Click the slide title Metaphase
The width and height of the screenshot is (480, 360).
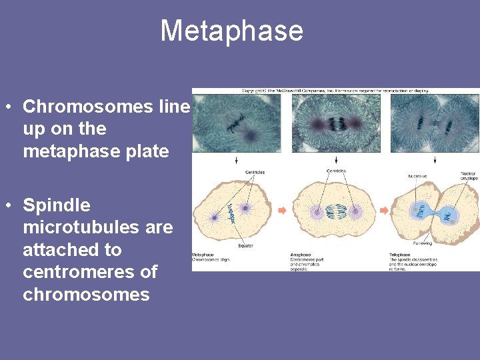(x=231, y=31)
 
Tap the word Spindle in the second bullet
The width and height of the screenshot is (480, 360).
(x=57, y=205)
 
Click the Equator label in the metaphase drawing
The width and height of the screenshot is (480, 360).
(x=245, y=245)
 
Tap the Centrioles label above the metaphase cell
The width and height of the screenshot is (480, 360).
(x=255, y=172)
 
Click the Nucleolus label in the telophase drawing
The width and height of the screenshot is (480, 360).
(x=417, y=176)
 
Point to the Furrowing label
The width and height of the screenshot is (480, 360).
(x=421, y=243)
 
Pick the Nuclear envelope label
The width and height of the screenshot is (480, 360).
(x=468, y=177)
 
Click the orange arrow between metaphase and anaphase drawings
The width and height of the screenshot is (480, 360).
(x=282, y=211)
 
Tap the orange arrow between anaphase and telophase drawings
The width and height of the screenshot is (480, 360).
(x=383, y=211)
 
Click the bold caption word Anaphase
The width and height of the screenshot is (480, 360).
(x=299, y=255)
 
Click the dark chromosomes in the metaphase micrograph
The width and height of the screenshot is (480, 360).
(x=235, y=123)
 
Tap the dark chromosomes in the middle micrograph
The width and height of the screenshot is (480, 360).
(x=337, y=123)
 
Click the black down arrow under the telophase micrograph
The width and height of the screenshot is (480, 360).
(x=435, y=160)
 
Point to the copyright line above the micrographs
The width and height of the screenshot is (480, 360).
(x=335, y=91)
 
